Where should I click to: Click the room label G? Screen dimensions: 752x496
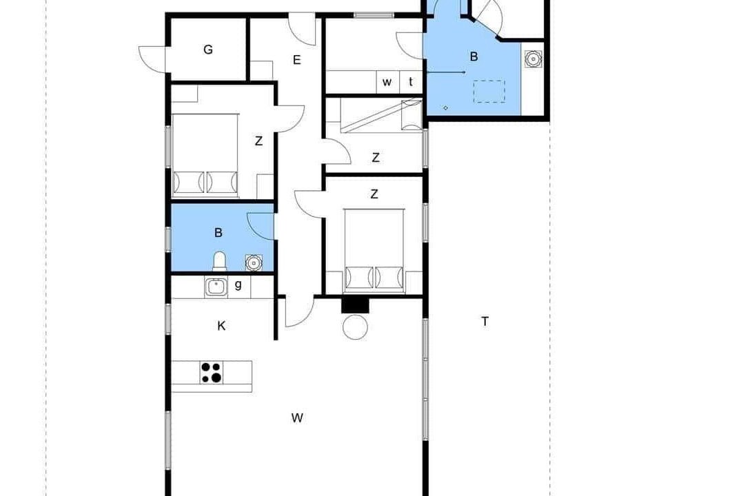click(208, 50)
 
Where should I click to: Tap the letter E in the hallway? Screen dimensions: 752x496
click(297, 60)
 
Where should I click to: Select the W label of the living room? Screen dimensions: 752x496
click(297, 418)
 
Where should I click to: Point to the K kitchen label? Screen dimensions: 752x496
click(221, 326)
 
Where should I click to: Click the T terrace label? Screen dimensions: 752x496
click(485, 322)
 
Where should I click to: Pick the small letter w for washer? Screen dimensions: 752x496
click(387, 83)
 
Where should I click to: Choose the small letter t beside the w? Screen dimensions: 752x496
click(411, 82)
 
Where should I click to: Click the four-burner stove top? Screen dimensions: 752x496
click(212, 373)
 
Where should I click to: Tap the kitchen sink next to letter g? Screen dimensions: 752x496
click(216, 287)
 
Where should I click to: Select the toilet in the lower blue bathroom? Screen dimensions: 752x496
click(219, 262)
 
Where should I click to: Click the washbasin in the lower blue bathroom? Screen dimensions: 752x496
click(253, 262)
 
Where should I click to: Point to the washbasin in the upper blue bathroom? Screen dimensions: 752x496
click(533, 59)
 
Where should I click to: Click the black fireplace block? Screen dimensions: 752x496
click(356, 305)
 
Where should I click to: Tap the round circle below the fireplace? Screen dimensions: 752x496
click(356, 327)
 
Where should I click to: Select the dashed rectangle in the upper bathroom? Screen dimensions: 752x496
click(489, 92)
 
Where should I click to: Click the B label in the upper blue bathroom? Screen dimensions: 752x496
click(474, 56)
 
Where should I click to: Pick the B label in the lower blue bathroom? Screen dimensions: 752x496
click(219, 233)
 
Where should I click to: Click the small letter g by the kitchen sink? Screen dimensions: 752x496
click(238, 285)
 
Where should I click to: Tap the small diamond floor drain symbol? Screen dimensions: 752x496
click(445, 108)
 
